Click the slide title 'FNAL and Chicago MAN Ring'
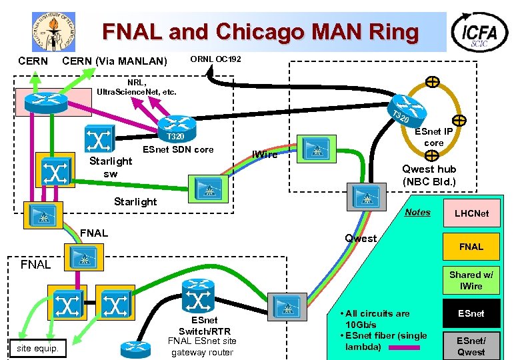260,32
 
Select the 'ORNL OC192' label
216,59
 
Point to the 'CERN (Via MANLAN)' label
114,62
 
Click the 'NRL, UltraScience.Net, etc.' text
136,87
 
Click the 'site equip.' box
37,348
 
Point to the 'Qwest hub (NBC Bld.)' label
429,175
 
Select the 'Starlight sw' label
111,167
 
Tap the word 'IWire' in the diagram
265,155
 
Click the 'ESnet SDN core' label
178,149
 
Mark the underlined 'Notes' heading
418,212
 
